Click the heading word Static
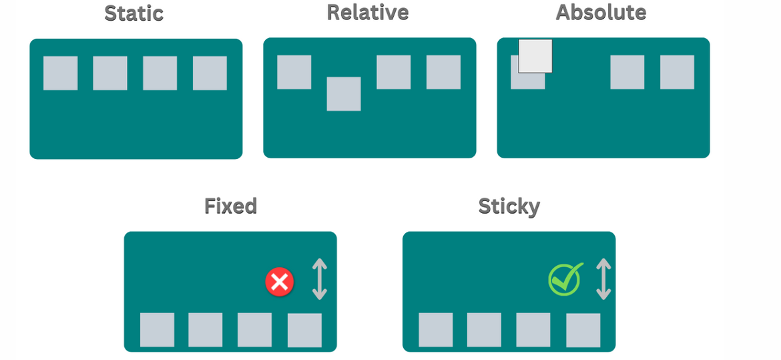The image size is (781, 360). pyautogui.click(x=134, y=13)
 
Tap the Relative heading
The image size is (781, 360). pyautogui.click(x=368, y=12)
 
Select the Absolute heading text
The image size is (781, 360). pyautogui.click(x=601, y=12)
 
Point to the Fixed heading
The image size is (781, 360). pyautogui.click(x=230, y=206)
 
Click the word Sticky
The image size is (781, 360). pyautogui.click(x=509, y=206)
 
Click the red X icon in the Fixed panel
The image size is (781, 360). pyautogui.click(x=279, y=282)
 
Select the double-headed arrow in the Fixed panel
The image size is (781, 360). pyautogui.click(x=320, y=279)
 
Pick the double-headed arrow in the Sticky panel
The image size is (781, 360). pyautogui.click(x=603, y=279)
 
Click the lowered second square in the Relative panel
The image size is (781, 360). pyautogui.click(x=344, y=94)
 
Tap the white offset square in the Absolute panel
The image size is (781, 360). pyautogui.click(x=535, y=56)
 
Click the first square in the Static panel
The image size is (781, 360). pyautogui.click(x=61, y=73)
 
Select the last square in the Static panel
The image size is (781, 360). pyautogui.click(x=210, y=73)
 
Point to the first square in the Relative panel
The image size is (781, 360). pyautogui.click(x=294, y=72)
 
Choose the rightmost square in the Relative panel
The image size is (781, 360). pyautogui.click(x=443, y=72)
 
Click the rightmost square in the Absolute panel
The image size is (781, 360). pyautogui.click(x=677, y=72)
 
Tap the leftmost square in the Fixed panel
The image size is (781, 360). pyautogui.click(x=157, y=330)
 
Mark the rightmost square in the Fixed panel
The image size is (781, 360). pyautogui.click(x=304, y=330)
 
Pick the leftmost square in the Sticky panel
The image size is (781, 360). pyautogui.click(x=435, y=330)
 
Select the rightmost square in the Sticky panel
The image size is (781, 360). pyautogui.click(x=583, y=330)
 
